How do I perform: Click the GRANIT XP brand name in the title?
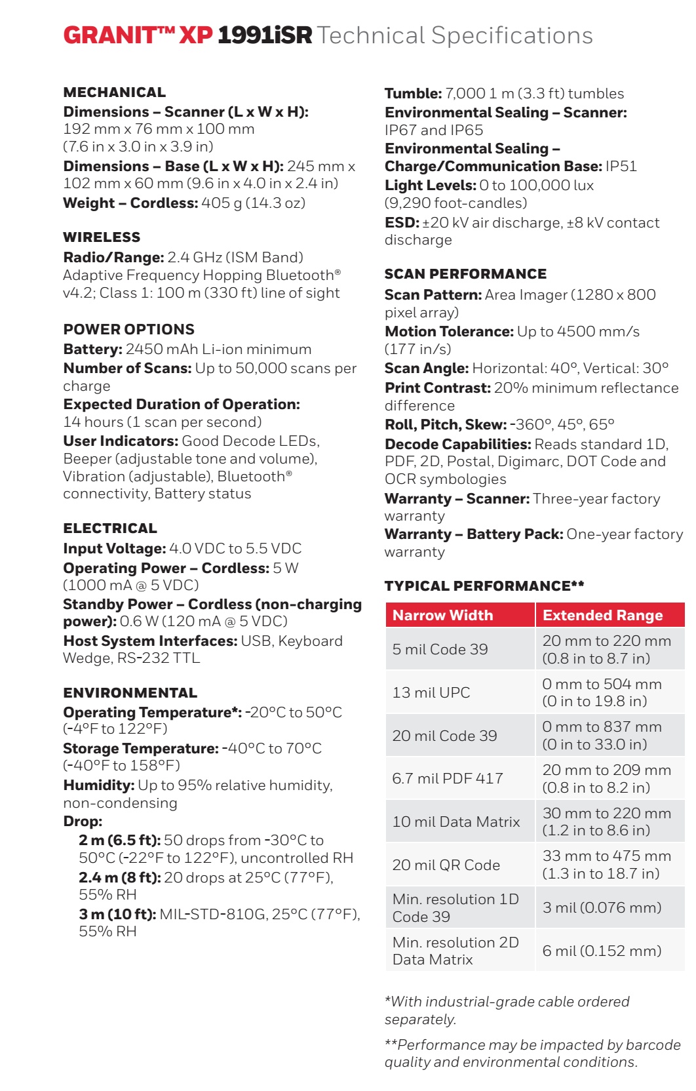pos(138,35)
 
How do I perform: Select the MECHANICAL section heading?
pos(115,92)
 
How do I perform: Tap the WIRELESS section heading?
pos(102,237)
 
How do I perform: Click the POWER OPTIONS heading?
pos(129,329)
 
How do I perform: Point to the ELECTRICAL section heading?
pos(110,528)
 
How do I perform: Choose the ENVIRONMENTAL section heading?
pos(130,693)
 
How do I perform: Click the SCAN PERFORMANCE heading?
pos(465,274)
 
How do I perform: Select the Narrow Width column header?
pos(443,615)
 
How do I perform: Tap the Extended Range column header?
pos(603,615)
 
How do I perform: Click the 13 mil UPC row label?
pos(431,692)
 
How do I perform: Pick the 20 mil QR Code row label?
pos(446,865)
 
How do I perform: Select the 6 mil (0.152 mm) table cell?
pos(602,951)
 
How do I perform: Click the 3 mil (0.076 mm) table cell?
pos(602,907)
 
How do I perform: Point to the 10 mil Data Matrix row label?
pos(456,822)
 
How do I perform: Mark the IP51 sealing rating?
pos(621,167)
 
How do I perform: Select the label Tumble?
pos(413,94)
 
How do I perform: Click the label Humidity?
pos(99,785)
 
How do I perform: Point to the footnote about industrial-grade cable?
pos(507,1010)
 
